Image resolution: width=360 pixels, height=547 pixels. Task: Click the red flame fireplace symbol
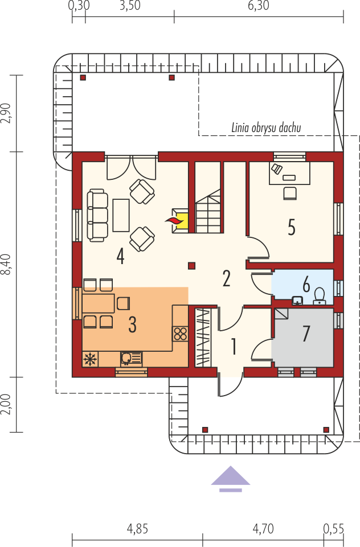point(174,220)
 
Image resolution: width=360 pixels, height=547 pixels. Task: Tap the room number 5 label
point(292,227)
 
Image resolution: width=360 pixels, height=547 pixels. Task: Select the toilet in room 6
point(319,296)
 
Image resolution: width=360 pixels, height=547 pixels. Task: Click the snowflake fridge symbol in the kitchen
point(91,359)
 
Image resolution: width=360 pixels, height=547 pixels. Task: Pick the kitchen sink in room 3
point(131,359)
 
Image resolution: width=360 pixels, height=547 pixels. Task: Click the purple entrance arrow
point(231,479)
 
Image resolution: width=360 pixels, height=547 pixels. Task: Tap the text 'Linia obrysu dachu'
point(266,128)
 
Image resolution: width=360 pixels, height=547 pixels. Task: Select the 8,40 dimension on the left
point(7,265)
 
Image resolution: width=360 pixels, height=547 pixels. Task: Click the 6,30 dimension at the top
point(259,6)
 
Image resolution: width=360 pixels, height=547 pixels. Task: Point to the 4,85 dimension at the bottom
point(137,529)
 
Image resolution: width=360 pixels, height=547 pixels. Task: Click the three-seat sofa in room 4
point(97,215)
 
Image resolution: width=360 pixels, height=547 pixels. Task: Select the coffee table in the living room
point(121,215)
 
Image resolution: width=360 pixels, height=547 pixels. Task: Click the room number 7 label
point(306,334)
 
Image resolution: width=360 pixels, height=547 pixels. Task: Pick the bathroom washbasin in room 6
point(297,301)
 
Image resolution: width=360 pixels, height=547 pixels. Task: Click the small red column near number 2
point(191,266)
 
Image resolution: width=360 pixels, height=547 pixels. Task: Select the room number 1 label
point(234,347)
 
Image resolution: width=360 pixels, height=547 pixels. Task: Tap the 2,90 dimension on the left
point(7,113)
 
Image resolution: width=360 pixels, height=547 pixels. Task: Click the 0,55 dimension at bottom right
point(333,529)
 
